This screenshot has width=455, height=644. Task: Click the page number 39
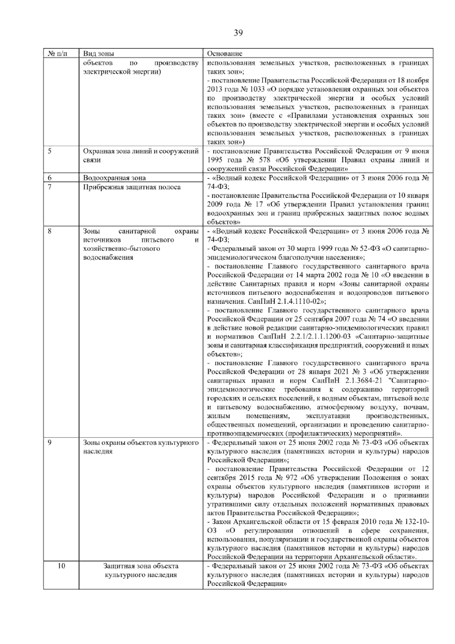click(238, 33)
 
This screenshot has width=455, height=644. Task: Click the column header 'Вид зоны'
click(98, 54)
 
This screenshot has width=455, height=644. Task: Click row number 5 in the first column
click(50, 151)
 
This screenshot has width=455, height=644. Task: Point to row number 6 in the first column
click(50, 178)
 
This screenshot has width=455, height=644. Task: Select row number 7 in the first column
click(50, 187)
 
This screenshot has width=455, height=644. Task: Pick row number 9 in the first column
click(50, 442)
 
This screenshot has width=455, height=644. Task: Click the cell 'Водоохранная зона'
click(114, 178)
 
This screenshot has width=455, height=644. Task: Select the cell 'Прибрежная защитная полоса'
click(132, 187)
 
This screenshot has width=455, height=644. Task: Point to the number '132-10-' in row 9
click(417, 522)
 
